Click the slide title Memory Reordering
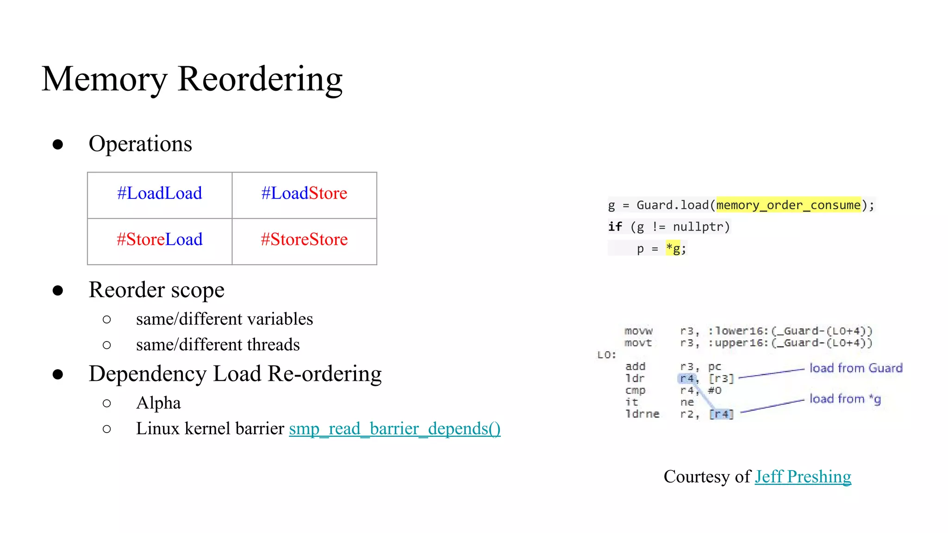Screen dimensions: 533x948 point(192,79)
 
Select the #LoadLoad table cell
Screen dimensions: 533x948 point(160,193)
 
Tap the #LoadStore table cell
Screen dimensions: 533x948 point(304,193)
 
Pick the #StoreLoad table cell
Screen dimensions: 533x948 point(160,240)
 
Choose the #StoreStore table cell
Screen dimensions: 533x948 point(304,240)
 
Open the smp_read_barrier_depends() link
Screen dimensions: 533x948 point(394,429)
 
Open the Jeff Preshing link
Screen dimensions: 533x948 point(803,477)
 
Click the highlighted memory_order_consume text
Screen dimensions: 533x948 point(788,205)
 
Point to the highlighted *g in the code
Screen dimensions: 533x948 point(673,248)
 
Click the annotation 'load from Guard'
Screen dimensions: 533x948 point(856,368)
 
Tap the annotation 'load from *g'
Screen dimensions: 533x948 point(845,399)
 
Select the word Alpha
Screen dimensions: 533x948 point(158,403)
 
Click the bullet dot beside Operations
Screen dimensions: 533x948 point(58,144)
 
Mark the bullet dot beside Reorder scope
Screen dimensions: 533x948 point(58,291)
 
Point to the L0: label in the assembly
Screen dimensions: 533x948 point(606,355)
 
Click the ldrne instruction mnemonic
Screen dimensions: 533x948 point(642,414)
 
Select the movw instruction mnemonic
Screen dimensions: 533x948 point(638,331)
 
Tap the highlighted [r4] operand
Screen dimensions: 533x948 point(721,414)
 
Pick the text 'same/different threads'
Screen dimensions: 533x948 point(218,345)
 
